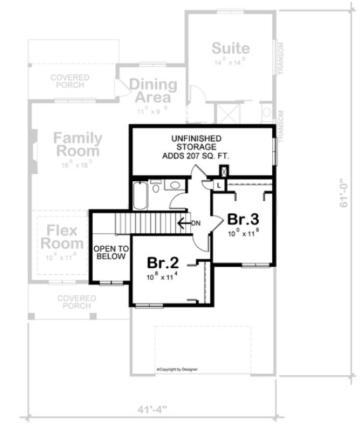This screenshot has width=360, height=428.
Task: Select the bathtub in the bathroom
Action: pos(140,195)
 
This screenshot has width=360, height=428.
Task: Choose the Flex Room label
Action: pos(62,237)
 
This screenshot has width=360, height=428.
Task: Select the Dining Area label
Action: pos(153,91)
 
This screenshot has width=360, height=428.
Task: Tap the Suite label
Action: pos(230,49)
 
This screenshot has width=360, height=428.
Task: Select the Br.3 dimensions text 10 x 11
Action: pos(243,234)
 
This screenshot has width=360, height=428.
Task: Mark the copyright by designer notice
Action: pos(177,369)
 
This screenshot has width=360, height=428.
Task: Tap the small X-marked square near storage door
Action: pos(224,171)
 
